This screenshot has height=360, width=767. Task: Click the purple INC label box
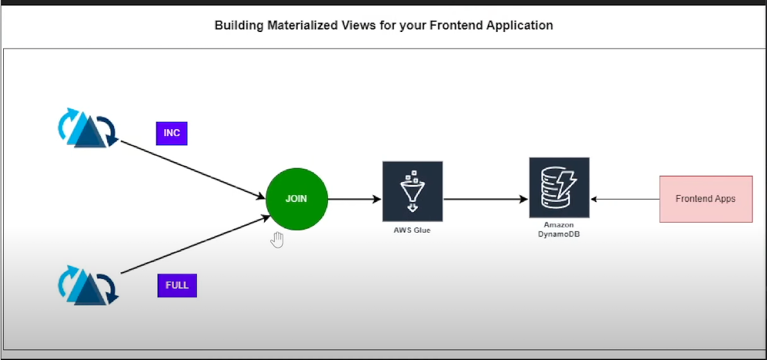[171, 133]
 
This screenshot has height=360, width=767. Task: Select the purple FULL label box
[177, 285]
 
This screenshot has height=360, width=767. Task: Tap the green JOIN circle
[297, 199]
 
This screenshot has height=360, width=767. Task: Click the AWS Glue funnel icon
[412, 191]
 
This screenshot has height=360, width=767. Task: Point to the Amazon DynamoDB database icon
[559, 187]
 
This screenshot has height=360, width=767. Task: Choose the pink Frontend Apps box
[706, 199]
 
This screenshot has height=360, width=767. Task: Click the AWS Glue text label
[412, 230]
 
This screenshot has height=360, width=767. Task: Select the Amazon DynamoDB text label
[559, 230]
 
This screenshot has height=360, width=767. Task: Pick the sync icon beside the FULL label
[88, 285]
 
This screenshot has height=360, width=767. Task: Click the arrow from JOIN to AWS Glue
[355, 199]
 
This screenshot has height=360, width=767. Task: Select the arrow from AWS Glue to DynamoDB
[486, 199]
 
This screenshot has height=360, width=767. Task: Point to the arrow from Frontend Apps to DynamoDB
[624, 199]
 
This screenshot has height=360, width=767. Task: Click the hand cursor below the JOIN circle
[277, 240]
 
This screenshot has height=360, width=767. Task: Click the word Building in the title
[236, 26]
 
